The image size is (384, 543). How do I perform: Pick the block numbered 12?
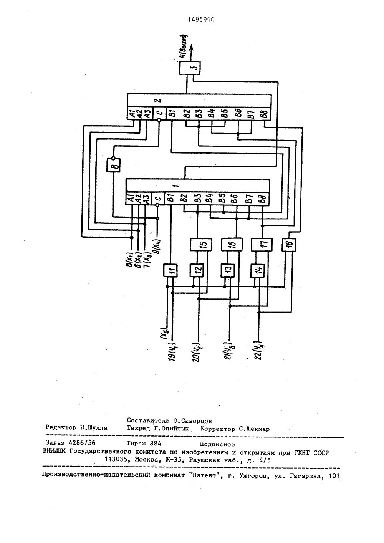click(196, 271)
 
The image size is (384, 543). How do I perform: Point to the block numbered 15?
click(199, 245)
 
